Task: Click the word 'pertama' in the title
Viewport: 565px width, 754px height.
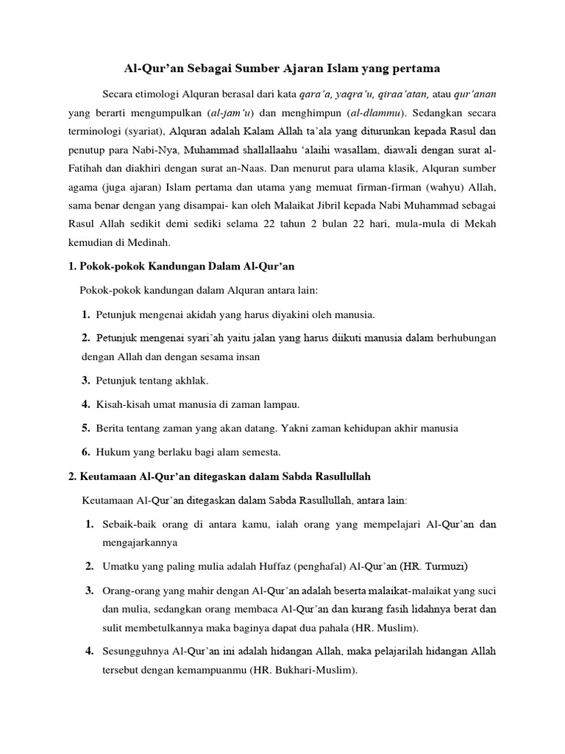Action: [414, 68]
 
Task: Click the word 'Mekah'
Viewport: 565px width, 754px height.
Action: [479, 222]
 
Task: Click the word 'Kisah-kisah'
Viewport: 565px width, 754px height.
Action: [121, 404]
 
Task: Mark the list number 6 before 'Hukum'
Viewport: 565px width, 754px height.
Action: [85, 451]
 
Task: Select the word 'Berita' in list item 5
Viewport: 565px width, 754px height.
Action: [110, 428]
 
